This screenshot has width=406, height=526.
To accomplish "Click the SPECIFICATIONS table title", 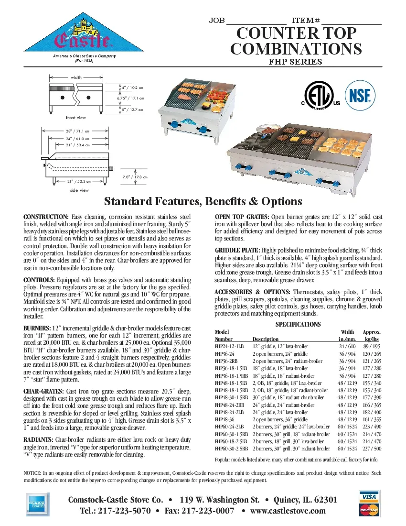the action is point(298,324).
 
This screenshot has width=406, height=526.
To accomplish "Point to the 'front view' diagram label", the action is point(76,118).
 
